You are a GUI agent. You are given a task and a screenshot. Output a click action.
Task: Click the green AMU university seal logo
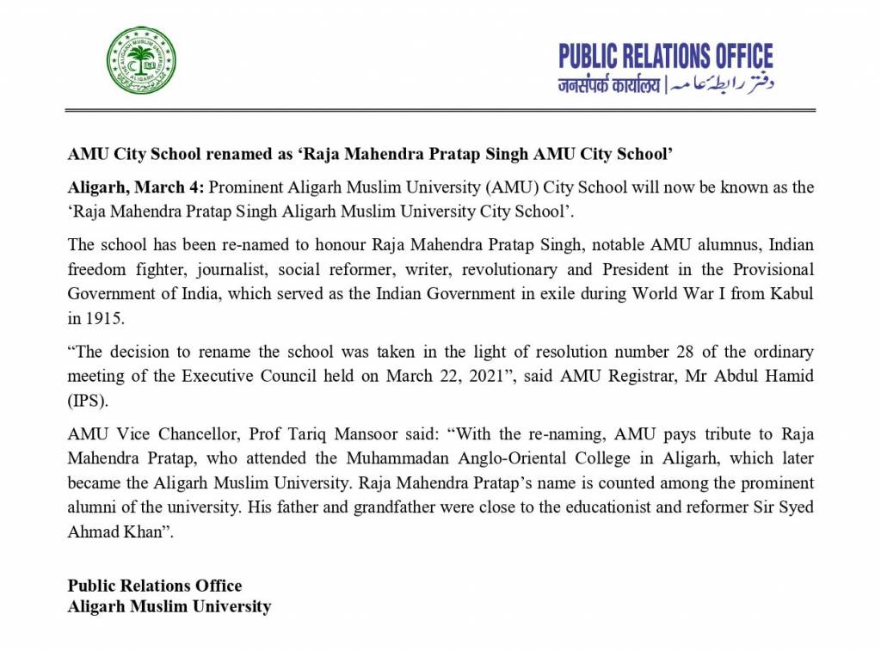141,60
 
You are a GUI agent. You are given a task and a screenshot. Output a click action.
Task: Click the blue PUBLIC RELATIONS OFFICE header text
665,57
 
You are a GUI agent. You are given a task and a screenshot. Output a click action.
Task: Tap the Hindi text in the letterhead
608,86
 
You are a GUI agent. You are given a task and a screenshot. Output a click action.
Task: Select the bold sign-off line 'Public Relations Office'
155,586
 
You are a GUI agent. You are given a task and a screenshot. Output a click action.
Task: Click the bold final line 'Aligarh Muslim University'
169,606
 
